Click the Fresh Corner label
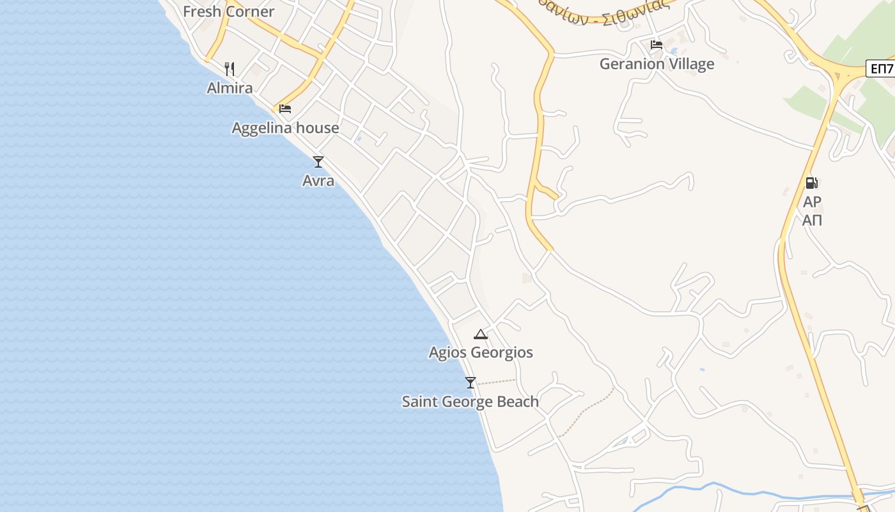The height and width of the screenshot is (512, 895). (x=228, y=12)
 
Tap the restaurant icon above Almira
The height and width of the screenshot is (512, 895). (x=230, y=68)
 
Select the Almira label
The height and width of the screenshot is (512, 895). (x=230, y=88)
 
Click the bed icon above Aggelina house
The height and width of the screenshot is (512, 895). (x=285, y=109)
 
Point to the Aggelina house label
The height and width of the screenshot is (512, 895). (x=285, y=128)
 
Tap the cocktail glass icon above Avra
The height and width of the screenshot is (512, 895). (x=318, y=161)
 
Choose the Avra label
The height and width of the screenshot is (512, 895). (x=318, y=181)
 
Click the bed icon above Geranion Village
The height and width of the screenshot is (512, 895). (x=657, y=45)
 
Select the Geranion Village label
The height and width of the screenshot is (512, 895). (x=657, y=64)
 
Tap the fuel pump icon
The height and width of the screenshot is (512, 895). (x=811, y=183)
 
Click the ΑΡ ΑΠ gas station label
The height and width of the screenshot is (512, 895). (x=812, y=211)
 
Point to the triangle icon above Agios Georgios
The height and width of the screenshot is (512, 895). (x=481, y=333)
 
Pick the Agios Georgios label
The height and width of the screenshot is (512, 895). (x=481, y=353)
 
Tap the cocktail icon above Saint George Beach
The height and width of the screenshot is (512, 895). (x=471, y=383)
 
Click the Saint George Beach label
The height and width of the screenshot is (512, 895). (x=471, y=402)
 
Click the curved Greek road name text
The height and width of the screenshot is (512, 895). (x=601, y=12)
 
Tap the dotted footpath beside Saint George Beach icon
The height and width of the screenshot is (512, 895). (x=497, y=382)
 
